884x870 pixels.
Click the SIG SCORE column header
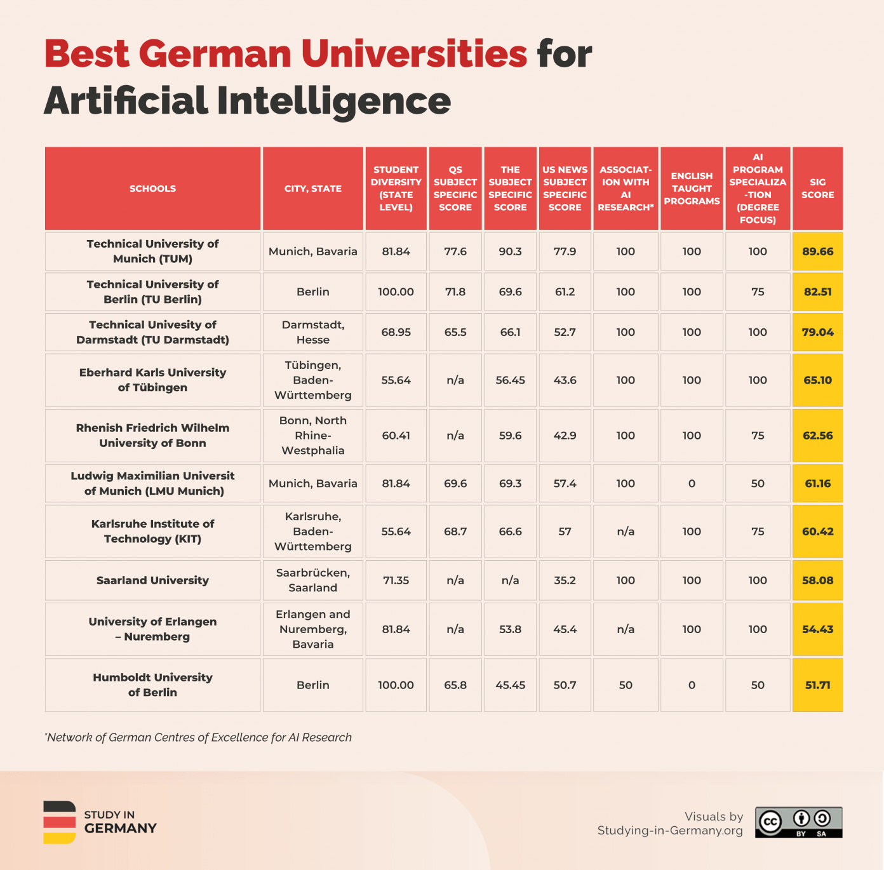click(817, 189)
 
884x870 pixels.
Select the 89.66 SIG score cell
click(817, 251)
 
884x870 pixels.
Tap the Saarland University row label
click(152, 580)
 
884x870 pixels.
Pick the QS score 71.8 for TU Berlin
click(455, 292)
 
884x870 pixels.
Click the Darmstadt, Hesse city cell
click(313, 332)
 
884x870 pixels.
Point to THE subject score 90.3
click(510, 251)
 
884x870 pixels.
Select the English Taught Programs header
click(692, 189)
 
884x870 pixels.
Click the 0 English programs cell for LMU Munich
click(692, 484)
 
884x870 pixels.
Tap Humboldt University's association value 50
click(626, 685)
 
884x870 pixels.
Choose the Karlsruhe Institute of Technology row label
click(152, 532)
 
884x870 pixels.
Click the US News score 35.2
click(565, 580)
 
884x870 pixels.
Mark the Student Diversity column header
click(396, 189)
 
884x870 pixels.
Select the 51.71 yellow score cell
click(817, 685)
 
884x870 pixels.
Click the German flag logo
click(60, 822)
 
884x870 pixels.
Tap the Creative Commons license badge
click(798, 822)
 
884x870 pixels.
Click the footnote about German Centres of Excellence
click(198, 737)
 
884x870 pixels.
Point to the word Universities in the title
click(413, 54)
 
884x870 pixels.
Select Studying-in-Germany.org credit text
click(669, 831)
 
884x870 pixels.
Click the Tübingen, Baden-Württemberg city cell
click(313, 380)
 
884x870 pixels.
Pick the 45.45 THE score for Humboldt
click(510, 685)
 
